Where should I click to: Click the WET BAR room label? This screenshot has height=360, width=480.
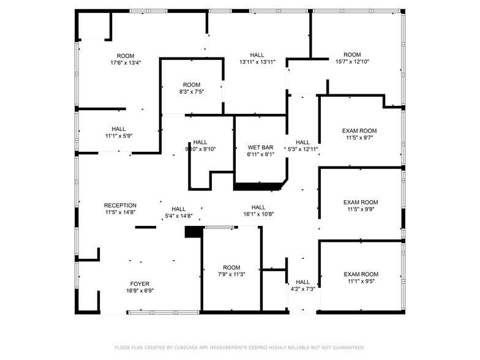click(x=260, y=148)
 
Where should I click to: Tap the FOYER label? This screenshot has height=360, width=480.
click(x=140, y=284)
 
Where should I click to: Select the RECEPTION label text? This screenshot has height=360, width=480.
click(x=120, y=206)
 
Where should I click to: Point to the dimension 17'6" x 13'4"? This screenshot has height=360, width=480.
click(x=126, y=62)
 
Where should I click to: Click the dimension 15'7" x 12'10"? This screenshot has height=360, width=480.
click(x=352, y=61)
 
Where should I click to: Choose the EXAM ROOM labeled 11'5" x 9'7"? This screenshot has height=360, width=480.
click(x=359, y=131)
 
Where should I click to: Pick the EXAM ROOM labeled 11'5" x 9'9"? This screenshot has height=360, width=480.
click(x=361, y=203)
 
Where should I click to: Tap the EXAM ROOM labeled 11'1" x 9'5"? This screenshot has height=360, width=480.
click(x=361, y=274)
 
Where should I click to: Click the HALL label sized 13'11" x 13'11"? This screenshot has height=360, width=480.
click(x=257, y=55)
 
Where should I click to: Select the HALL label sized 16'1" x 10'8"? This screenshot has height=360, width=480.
click(x=258, y=208)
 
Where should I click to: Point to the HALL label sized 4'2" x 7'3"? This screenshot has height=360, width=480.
click(x=302, y=282)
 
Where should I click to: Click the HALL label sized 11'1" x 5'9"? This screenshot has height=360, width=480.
click(x=119, y=129)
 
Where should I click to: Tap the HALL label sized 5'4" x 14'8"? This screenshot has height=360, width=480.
click(x=179, y=209)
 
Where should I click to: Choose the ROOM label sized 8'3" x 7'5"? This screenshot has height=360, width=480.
click(x=192, y=85)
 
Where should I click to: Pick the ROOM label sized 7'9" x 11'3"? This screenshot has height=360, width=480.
click(x=231, y=268)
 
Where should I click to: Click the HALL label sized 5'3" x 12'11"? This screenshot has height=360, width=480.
click(x=303, y=142)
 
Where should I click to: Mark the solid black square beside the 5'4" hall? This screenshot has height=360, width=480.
click(x=193, y=232)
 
